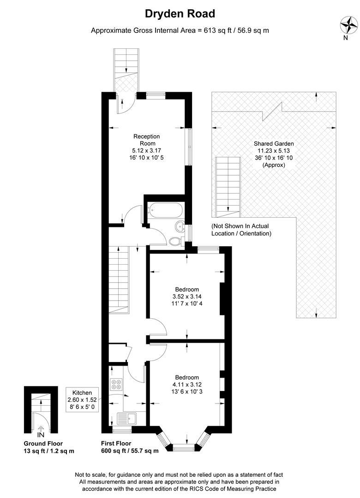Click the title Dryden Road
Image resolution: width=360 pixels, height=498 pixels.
(180, 14)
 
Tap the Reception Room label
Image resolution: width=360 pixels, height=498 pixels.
(146, 140)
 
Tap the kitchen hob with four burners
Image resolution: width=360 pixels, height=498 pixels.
(116, 384)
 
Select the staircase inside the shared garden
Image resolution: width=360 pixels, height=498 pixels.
(228, 187)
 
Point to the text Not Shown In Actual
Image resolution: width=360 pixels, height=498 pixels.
(240, 226)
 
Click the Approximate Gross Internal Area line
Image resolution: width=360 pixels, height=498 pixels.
(180, 31)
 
